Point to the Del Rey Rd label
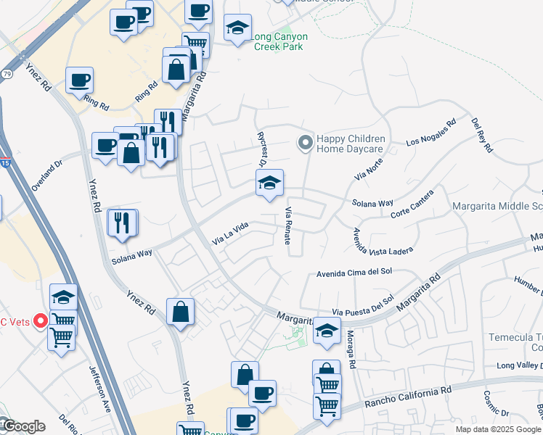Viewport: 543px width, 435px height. [482, 135]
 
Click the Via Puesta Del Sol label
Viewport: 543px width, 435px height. [363, 305]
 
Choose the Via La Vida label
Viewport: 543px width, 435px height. [230, 233]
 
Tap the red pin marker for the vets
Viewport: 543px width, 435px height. [41, 320]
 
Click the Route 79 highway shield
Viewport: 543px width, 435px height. [7, 74]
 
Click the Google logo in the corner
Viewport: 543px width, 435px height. [23, 426]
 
